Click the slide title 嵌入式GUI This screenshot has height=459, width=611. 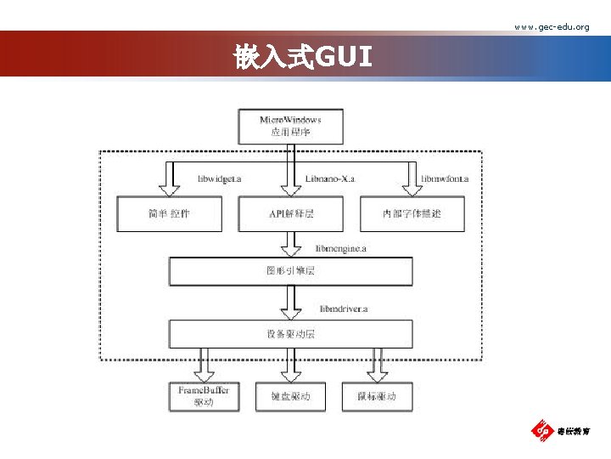tap(303, 58)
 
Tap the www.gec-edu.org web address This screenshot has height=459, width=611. tap(552, 27)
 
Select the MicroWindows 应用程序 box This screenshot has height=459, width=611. tap(291, 127)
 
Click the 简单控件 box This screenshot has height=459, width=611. tap(169, 213)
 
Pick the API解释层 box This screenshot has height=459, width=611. tap(291, 213)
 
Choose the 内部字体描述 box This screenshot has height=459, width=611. tap(412, 213)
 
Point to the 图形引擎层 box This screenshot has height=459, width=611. tap(291, 271)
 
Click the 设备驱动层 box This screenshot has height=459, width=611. tap(291, 334)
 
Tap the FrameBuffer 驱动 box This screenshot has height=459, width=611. tap(204, 396)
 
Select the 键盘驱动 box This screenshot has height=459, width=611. tap(291, 396)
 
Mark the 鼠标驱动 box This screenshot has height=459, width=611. tap(376, 396)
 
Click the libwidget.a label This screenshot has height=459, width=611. tap(220, 179)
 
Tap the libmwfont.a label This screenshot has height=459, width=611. tap(446, 179)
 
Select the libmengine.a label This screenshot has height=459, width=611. tap(341, 249)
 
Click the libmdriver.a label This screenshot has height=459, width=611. tap(344, 309)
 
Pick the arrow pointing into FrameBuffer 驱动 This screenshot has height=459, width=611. tap(204, 365)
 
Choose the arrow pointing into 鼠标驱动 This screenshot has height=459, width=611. tap(376, 365)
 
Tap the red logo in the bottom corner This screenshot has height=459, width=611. tap(541, 431)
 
